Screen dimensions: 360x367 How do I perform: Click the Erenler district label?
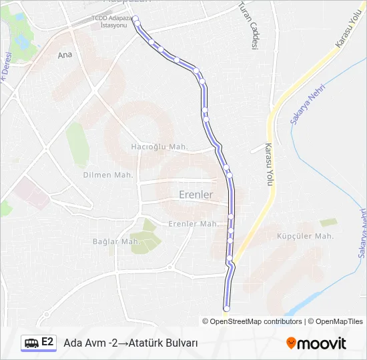(x=196, y=195)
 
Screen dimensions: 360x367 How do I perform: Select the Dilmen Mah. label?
(x=108, y=175)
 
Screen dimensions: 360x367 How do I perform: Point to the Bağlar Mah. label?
(x=116, y=241)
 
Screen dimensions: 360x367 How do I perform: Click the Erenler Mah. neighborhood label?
(x=194, y=224)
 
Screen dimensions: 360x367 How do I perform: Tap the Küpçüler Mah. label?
(x=305, y=236)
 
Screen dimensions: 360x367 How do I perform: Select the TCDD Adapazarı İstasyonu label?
(x=111, y=21)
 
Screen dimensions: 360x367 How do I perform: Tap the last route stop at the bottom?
(x=226, y=309)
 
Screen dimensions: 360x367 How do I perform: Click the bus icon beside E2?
(x=31, y=343)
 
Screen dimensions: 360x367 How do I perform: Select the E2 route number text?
(x=47, y=343)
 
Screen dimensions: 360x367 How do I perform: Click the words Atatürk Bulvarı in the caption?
(x=164, y=343)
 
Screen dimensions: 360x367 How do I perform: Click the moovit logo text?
(x=322, y=343)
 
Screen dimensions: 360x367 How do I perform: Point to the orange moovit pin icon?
(x=291, y=343)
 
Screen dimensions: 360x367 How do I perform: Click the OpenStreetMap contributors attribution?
(x=256, y=321)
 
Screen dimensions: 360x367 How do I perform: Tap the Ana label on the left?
(x=65, y=55)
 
